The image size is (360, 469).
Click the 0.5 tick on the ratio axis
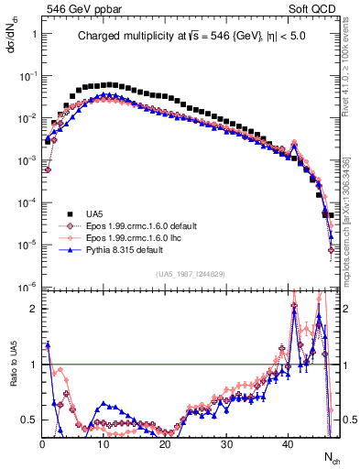[29, 420]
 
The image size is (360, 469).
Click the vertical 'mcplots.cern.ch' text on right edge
[353, 229]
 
